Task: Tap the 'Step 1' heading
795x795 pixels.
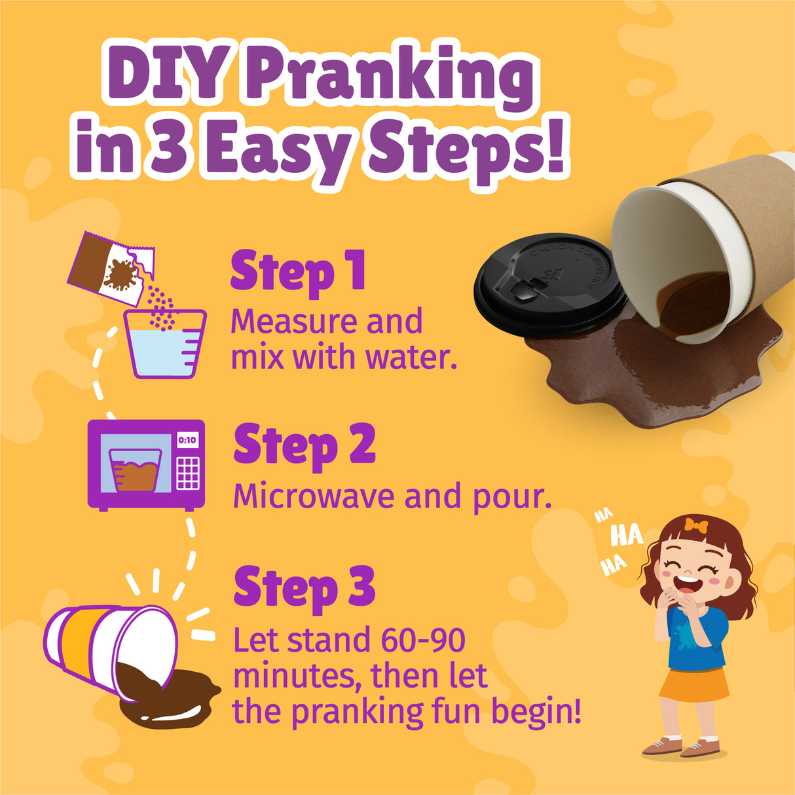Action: pyautogui.click(x=297, y=272)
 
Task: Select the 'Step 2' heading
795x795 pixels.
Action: pyautogui.click(x=305, y=445)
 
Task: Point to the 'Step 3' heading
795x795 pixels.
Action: pyautogui.click(x=305, y=587)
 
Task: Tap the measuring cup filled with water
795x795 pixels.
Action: pyautogui.click(x=164, y=344)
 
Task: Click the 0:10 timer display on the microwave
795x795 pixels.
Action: pyautogui.click(x=187, y=440)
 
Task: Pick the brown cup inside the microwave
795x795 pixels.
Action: pyautogui.click(x=135, y=470)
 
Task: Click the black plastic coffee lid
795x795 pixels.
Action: pyautogui.click(x=544, y=282)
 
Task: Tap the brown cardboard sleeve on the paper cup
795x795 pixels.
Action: pyautogui.click(x=740, y=216)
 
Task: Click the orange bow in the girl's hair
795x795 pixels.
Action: pyautogui.click(x=696, y=525)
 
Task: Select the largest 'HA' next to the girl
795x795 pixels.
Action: pyautogui.click(x=627, y=535)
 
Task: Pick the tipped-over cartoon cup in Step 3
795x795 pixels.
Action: pyautogui.click(x=111, y=648)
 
